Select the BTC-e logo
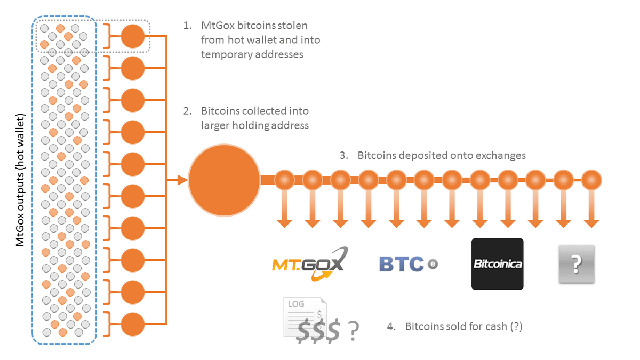coord(408,263)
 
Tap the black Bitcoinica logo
coord(497,264)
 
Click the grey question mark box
coord(576,264)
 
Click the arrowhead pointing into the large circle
coord(183,180)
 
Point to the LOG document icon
coord(304,317)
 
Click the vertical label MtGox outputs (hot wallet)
coord(20,180)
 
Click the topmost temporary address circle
coord(133,36)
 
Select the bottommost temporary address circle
coord(133,324)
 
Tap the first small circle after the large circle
coord(285,180)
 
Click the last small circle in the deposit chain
coord(591,180)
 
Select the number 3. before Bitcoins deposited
coord(345,156)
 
